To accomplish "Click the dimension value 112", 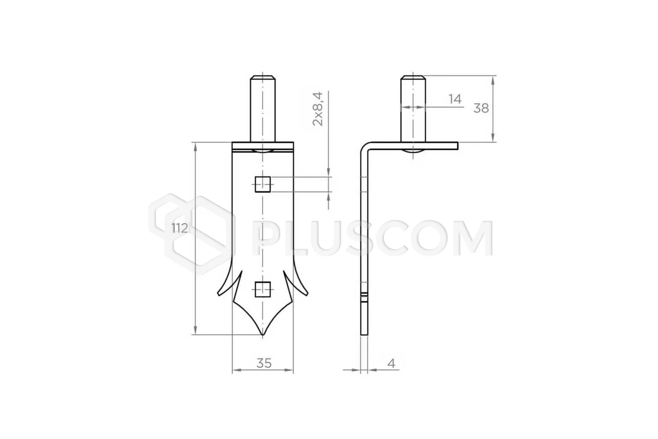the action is pyautogui.click(x=180, y=228).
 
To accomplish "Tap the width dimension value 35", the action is pyautogui.click(x=264, y=363).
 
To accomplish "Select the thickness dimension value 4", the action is pyautogui.click(x=391, y=363).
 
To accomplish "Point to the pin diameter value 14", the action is pyautogui.click(x=455, y=99).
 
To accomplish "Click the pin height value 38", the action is pyautogui.click(x=481, y=109).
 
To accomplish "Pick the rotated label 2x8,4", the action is pyautogui.click(x=318, y=109).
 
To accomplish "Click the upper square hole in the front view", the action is pyautogui.click(x=263, y=185).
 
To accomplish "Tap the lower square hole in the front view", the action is pyautogui.click(x=263, y=289).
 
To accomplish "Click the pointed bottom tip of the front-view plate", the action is pyautogui.click(x=263, y=334).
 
